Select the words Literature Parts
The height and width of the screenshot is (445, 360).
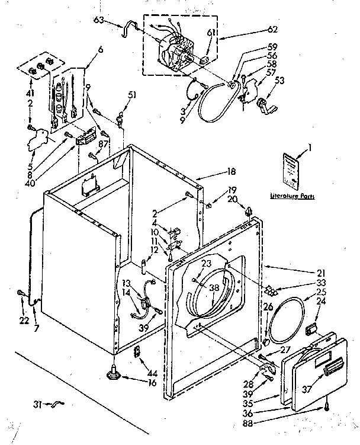(x=291, y=195)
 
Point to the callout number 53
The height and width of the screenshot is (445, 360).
(x=281, y=80)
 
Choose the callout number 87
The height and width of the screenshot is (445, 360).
(x=103, y=144)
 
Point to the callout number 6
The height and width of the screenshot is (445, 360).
(x=100, y=49)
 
